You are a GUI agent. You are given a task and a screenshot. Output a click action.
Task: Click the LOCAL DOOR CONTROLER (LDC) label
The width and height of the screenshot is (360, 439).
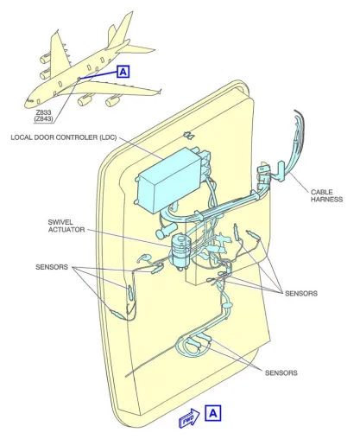click(64, 137)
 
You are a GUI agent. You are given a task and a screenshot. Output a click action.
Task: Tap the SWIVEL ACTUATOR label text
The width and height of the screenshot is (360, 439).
click(66, 226)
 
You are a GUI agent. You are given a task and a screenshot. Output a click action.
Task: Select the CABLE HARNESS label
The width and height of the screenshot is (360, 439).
click(326, 195)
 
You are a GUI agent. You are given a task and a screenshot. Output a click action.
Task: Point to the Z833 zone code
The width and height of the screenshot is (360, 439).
click(44, 112)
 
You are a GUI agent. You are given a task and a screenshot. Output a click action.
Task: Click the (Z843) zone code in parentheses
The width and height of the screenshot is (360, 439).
click(44, 118)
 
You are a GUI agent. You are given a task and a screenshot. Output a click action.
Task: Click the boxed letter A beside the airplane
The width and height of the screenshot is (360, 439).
click(123, 72)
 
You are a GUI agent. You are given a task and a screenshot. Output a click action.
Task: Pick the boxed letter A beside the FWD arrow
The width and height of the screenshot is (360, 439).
click(213, 413)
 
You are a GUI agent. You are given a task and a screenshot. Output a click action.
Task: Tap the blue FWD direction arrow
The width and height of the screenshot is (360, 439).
click(189, 417)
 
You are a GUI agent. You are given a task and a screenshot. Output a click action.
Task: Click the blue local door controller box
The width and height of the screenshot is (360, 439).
click(170, 180)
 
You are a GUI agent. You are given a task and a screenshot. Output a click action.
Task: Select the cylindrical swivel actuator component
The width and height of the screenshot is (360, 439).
click(180, 251)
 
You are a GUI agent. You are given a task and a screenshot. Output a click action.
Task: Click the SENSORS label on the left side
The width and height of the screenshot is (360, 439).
click(52, 267)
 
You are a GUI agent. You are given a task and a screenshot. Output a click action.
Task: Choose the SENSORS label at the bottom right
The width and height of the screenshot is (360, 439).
click(281, 372)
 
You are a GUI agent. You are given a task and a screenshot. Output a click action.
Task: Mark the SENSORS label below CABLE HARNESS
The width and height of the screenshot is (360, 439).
click(301, 293)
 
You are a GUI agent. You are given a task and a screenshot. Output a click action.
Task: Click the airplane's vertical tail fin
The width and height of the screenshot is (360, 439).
click(120, 29)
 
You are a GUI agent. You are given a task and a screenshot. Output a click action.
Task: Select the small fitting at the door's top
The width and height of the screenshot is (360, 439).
click(188, 135)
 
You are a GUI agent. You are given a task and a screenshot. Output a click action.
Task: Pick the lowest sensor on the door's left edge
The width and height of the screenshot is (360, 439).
click(117, 314)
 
